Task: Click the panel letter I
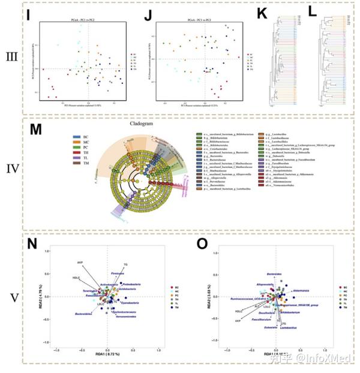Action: tap(29, 14)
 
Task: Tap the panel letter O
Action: tap(202, 245)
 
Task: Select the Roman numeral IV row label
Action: tap(11, 178)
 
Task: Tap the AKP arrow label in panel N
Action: tap(79, 263)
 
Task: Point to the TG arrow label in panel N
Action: tap(125, 264)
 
